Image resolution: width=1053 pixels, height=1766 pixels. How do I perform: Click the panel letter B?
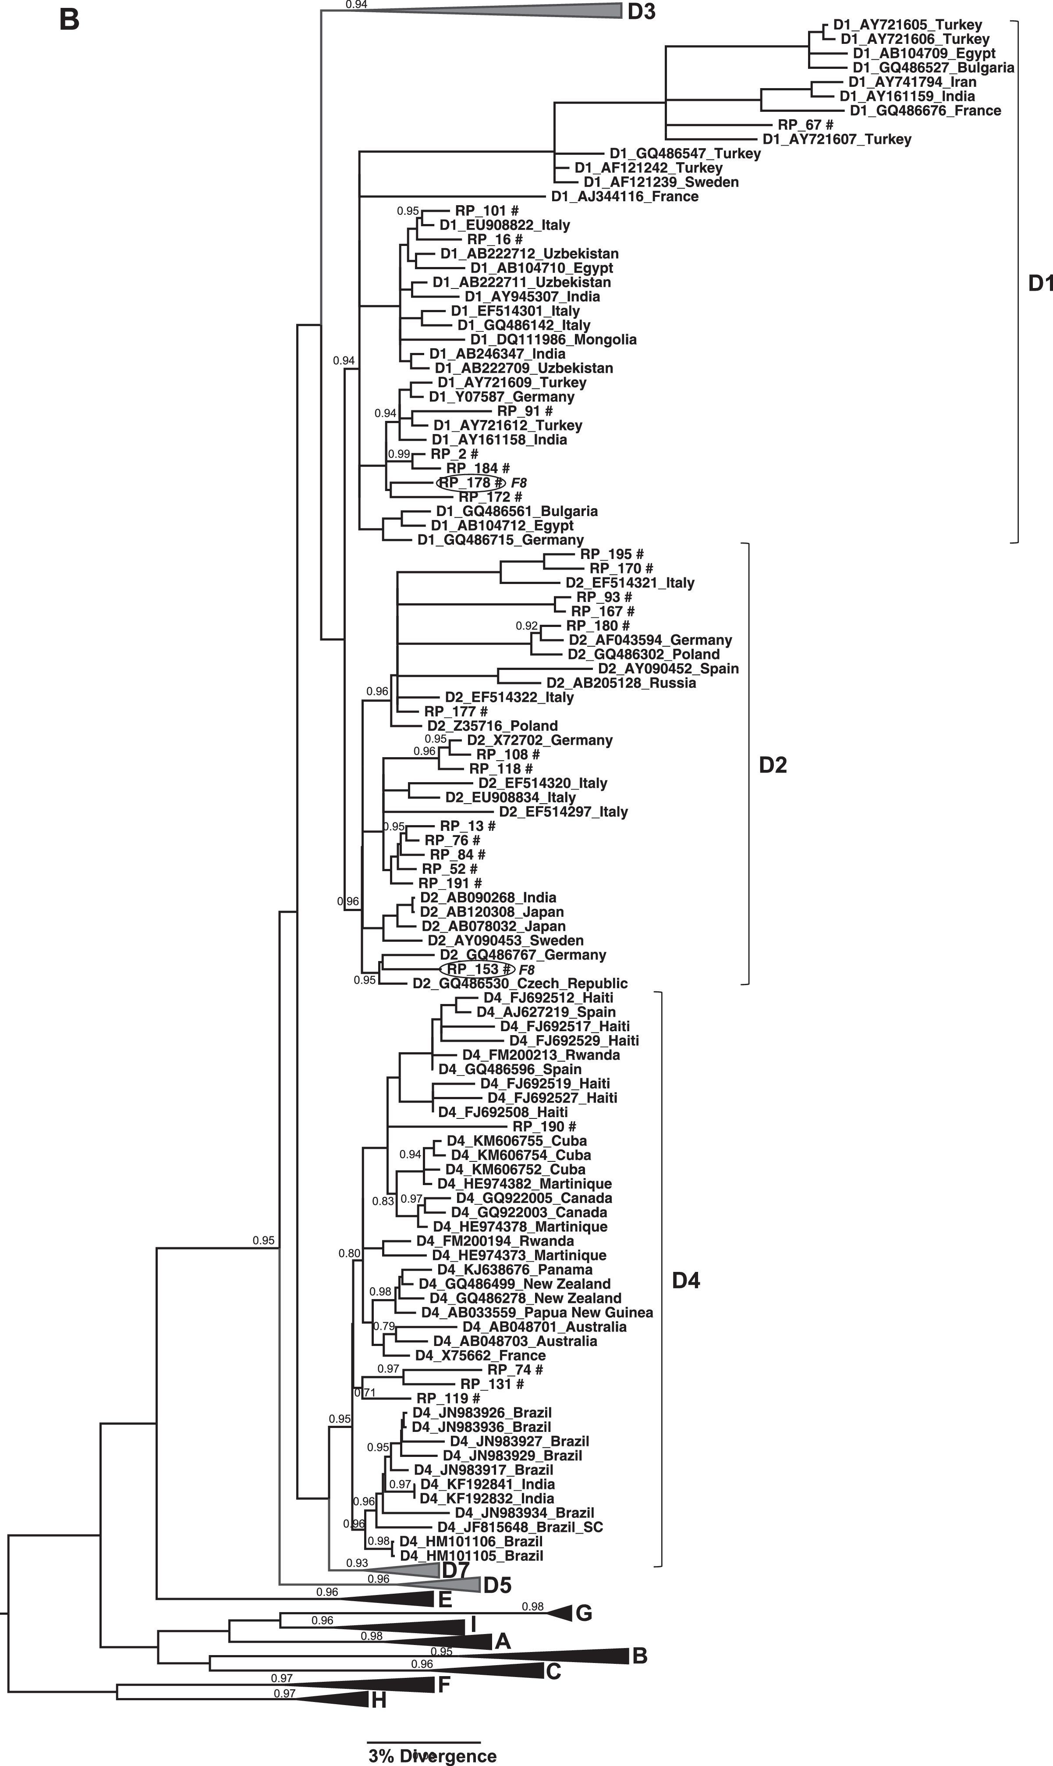(69, 19)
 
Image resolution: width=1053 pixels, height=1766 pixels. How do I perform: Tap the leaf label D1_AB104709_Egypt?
(924, 53)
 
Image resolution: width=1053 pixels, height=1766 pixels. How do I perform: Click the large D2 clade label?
(773, 765)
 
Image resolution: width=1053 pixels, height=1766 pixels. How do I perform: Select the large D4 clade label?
(685, 1281)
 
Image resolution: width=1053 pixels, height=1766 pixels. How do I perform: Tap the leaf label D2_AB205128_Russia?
(621, 683)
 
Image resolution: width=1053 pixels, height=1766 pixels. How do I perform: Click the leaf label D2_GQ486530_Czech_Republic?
(520, 983)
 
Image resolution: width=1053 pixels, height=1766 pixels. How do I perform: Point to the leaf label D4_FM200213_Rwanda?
(541, 1055)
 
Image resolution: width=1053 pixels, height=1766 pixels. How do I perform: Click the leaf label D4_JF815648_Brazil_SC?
(520, 1527)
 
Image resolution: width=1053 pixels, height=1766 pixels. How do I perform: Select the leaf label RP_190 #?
(544, 1126)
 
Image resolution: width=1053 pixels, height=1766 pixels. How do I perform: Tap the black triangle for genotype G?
(560, 1613)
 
